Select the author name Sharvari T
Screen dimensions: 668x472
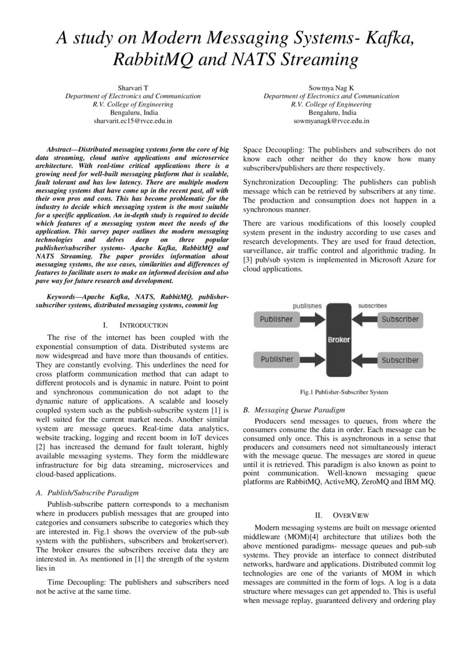pos(132,87)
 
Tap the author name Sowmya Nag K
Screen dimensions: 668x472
pos(331,87)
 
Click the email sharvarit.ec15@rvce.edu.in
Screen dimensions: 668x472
pos(132,121)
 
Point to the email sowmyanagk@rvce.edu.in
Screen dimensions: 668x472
pos(331,121)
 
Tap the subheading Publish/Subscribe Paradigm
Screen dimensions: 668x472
pos(91,492)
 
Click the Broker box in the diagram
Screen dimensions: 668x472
pos(338,339)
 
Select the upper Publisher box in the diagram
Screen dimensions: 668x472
pos(276,319)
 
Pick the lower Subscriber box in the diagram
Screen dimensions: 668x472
pos(400,360)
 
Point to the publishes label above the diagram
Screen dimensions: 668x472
pos(307,306)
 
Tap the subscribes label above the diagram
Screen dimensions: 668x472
pos(372,306)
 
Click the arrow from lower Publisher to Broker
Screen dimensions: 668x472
pos(312,360)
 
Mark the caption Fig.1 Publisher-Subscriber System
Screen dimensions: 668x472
pos(344,392)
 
